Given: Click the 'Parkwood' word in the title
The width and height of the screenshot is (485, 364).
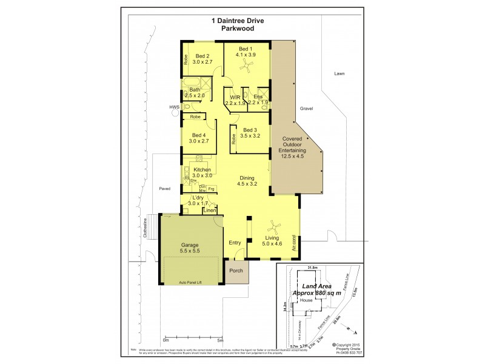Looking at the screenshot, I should coord(242,29).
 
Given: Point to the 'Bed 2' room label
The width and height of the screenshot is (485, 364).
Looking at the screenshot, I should coord(202,56).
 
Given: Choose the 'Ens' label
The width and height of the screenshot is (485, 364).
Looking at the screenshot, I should coord(258,96).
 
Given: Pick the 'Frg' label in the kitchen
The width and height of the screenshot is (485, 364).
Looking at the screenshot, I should coord(211,189).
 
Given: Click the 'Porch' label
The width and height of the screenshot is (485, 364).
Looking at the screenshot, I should coord(236,271).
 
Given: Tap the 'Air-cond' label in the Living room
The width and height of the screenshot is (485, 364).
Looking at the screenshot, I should coord(295,243).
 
